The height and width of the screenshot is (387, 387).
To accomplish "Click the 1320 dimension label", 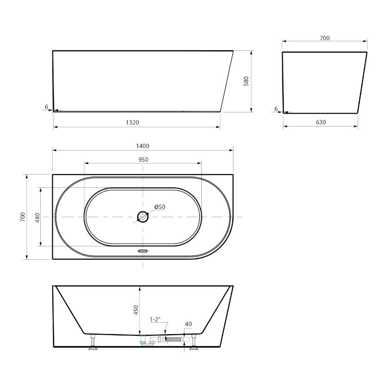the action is [x=132, y=123].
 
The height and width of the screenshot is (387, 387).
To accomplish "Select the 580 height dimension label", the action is [x=246, y=81].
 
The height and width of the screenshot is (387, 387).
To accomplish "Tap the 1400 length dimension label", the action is [x=143, y=146].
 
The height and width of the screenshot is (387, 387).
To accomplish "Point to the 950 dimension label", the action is [x=143, y=160].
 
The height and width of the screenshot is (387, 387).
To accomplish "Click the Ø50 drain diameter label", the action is [x=160, y=207].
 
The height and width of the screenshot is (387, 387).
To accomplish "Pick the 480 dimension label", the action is [x=37, y=218].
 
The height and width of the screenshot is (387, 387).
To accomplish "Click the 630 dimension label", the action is [x=321, y=122].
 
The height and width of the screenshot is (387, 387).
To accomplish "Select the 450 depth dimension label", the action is [x=136, y=310].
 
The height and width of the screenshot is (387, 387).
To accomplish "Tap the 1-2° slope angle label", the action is [x=155, y=319].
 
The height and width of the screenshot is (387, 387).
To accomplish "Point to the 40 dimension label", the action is [x=188, y=324].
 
